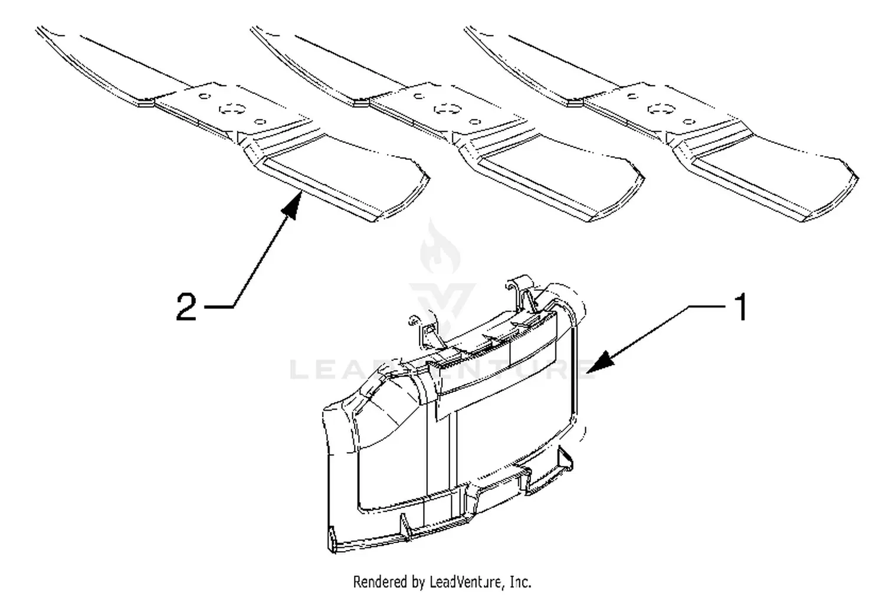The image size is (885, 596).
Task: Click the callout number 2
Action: coord(186,306)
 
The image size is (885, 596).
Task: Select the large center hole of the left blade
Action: coord(232,109)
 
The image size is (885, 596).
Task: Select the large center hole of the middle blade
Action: coord(448,109)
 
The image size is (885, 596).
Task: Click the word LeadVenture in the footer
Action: coord(466,582)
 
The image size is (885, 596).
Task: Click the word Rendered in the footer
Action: coord(379,582)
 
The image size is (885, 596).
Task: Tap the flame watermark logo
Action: coord(440,247)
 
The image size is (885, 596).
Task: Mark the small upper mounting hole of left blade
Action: coord(204,96)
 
